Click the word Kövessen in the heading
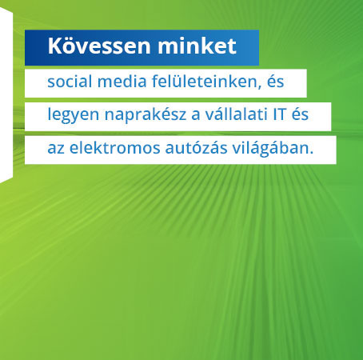[x=99, y=46]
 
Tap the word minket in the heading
[x=197, y=46]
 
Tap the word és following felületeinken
[x=275, y=81]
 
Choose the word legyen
[x=74, y=115]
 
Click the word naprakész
[x=146, y=114]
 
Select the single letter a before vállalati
[x=196, y=117]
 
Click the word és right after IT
[x=300, y=114]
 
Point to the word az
[x=56, y=150]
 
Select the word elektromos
[x=115, y=147]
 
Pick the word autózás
[x=196, y=147]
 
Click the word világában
[x=269, y=148]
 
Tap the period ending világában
[x=311, y=153]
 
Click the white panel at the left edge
[x=6, y=95]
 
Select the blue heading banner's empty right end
[x=248, y=47]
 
